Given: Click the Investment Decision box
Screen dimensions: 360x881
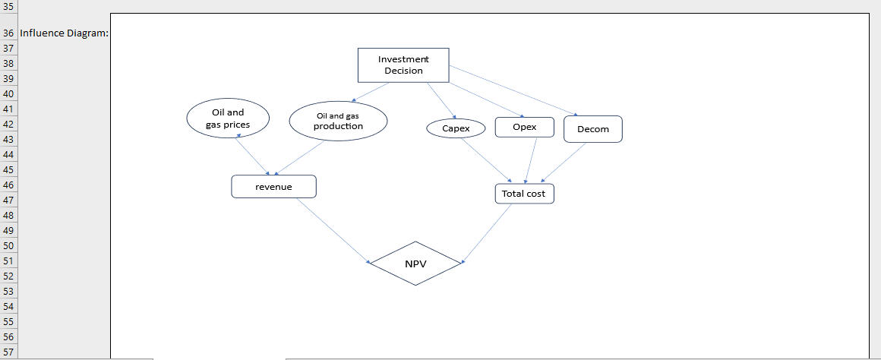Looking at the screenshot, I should [403, 65].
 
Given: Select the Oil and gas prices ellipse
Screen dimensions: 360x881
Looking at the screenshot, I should [228, 118].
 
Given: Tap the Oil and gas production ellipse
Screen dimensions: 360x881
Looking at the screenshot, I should [338, 121].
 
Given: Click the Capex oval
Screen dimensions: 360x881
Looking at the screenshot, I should [456, 128].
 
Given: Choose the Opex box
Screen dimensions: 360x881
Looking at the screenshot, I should [524, 127].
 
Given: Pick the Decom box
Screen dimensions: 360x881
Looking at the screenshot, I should [592, 129].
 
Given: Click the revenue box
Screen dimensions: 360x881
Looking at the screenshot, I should [273, 186].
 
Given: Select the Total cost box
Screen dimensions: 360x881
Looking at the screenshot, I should [524, 194].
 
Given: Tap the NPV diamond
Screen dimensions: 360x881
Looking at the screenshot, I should [415, 264].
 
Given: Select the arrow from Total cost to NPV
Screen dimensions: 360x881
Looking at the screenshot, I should [488, 233].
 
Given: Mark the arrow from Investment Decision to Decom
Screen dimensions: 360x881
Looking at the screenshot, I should [513, 91].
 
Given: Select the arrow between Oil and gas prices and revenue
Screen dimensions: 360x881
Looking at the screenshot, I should [254, 155].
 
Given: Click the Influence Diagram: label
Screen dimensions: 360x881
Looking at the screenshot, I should [64, 33].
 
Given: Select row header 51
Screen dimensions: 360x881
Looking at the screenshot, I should [9, 261].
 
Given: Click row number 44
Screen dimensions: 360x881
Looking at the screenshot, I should [9, 154].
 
